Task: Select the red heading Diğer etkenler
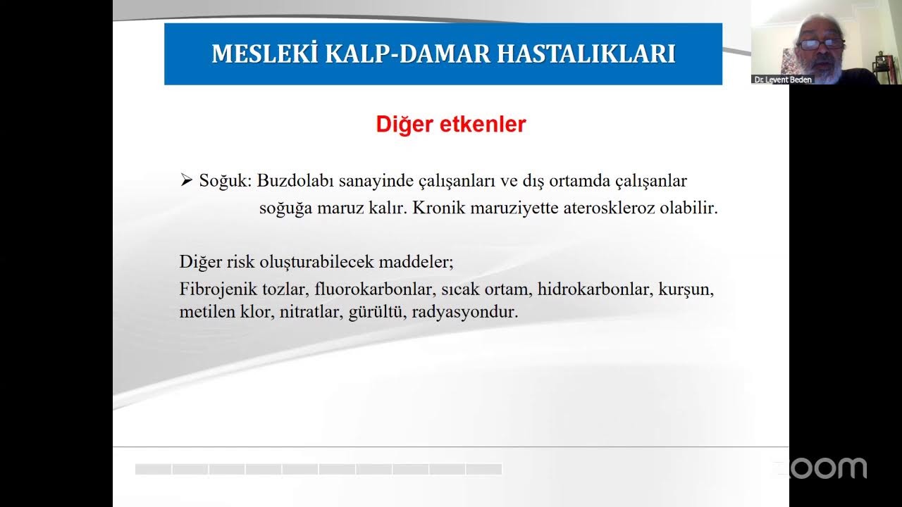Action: (451, 125)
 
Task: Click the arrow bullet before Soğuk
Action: (186, 181)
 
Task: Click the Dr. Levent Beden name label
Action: (782, 80)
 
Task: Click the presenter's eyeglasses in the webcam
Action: (820, 44)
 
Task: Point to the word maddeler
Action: (416, 262)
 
